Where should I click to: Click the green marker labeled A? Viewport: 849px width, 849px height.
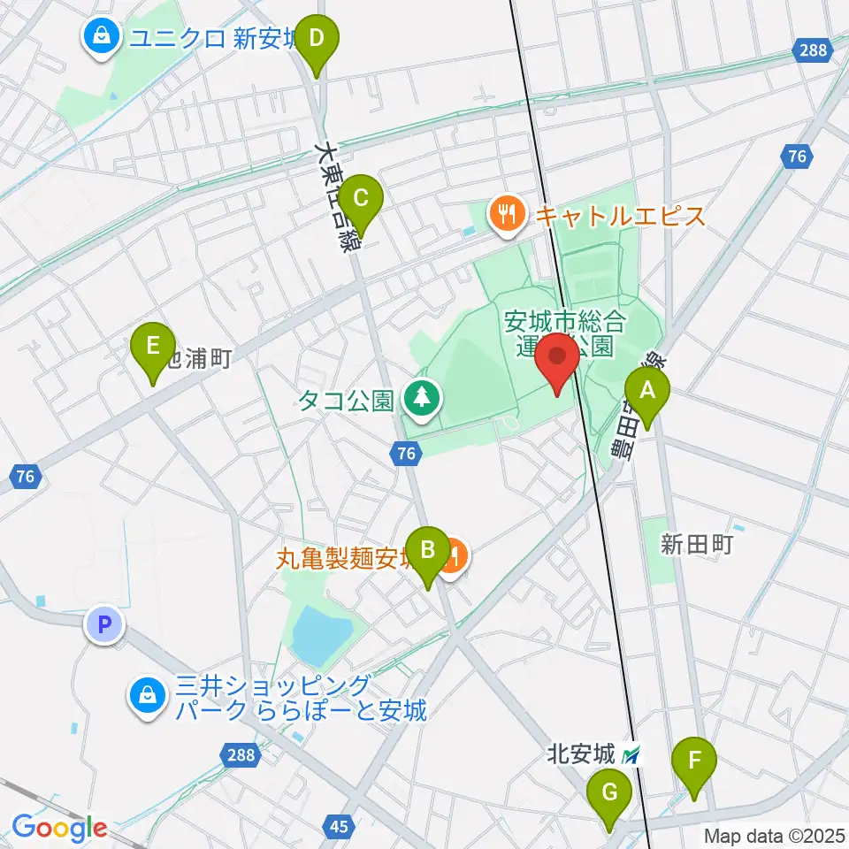[x=647, y=390]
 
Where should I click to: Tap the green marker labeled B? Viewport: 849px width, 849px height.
[x=427, y=551]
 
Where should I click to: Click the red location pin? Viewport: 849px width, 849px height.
[x=558, y=357]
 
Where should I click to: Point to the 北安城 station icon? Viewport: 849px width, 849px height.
[x=631, y=755]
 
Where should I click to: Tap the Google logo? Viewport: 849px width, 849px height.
[x=59, y=828]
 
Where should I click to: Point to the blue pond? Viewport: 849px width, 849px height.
[x=321, y=634]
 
